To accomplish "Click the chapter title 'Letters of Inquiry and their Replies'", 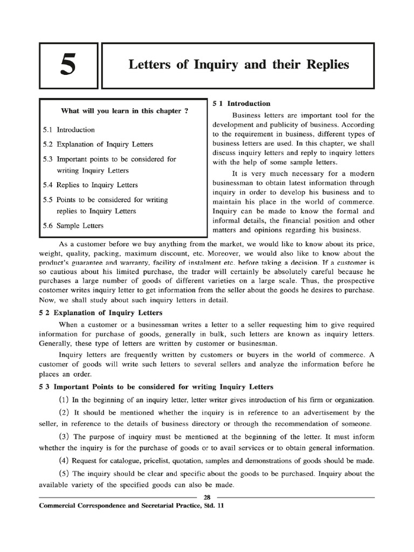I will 239,65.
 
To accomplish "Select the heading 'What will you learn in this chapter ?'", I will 125,111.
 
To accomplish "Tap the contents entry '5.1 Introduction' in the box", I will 68,130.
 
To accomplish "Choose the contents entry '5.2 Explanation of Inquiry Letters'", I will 98,144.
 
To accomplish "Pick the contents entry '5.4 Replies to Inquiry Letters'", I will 90,185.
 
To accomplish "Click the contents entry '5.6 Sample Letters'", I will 73,225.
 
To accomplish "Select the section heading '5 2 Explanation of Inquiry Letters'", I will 100,313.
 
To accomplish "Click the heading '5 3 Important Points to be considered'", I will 156,387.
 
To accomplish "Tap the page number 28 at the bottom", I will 207,496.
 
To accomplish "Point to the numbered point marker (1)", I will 64,400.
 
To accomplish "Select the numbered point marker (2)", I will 64,413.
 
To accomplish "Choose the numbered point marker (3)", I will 64,437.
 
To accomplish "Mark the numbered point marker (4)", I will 64,461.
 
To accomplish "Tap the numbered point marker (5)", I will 64,474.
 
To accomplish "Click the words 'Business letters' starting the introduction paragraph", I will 258,115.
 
